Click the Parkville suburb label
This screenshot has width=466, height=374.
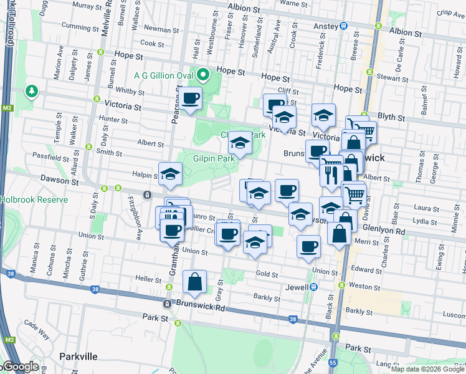point(78,356)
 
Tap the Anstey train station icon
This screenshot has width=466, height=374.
point(343,26)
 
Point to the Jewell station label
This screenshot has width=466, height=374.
point(297,287)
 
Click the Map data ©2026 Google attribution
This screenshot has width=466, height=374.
point(427,369)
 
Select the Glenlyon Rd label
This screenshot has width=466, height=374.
point(388,231)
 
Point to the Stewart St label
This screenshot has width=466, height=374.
point(392,78)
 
